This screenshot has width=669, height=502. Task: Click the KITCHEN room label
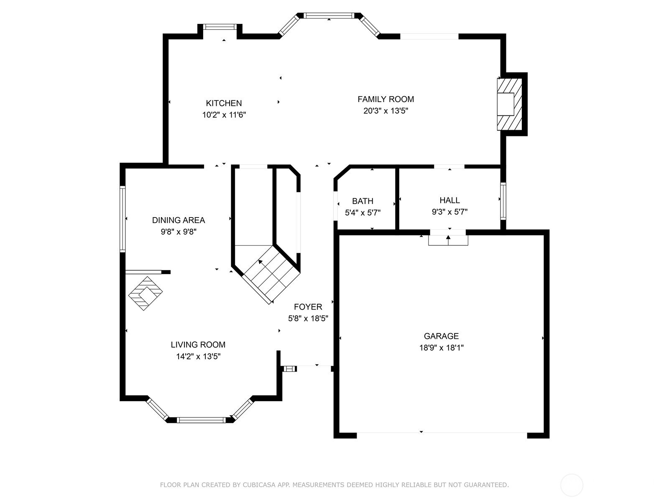[224, 103]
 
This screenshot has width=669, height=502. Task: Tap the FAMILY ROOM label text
[386, 99]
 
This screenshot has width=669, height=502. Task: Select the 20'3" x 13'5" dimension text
[386, 110]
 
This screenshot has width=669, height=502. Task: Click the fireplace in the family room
[509, 104]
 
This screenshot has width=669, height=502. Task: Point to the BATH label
[363, 201]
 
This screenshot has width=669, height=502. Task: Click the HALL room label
[449, 200]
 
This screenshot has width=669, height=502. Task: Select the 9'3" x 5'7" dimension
[449, 212]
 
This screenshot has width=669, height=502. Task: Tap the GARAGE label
[441, 336]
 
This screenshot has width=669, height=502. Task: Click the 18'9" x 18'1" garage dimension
[441, 348]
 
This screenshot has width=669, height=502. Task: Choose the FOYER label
[308, 307]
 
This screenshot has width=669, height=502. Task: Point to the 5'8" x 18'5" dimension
[308, 318]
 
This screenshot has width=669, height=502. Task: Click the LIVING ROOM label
[198, 344]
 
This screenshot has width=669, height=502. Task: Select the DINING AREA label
[179, 220]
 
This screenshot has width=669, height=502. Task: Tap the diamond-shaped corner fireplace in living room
[146, 293]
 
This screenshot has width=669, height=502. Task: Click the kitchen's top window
[220, 27]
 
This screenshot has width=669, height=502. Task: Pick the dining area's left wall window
[123, 219]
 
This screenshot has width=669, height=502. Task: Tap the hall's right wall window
[503, 201]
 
